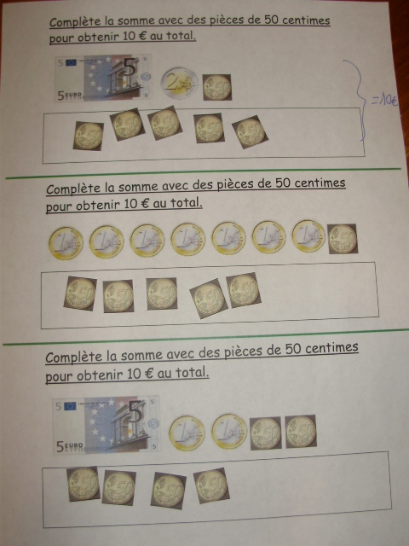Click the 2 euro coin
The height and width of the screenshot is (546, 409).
(x=180, y=84)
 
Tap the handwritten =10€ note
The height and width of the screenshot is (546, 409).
(x=384, y=101)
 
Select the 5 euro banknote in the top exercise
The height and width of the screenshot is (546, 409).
(x=102, y=78)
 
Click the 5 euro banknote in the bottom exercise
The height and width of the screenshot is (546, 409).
(x=106, y=425)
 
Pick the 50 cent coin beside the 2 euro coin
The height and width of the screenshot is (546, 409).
(x=217, y=87)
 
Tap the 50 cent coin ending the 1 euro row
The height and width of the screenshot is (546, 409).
(x=343, y=239)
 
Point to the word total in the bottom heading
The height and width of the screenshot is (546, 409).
(x=192, y=373)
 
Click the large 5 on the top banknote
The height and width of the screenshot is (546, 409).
(x=130, y=67)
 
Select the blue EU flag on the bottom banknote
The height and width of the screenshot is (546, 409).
(x=70, y=406)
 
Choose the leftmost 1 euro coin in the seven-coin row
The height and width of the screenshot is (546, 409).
(x=66, y=243)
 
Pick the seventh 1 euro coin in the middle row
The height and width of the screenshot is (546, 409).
(x=308, y=235)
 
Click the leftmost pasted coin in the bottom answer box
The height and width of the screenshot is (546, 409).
(x=84, y=484)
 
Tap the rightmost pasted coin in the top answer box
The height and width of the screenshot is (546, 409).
(x=250, y=132)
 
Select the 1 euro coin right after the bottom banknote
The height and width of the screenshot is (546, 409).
(x=187, y=433)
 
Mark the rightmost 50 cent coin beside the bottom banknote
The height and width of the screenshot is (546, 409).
(x=301, y=431)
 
